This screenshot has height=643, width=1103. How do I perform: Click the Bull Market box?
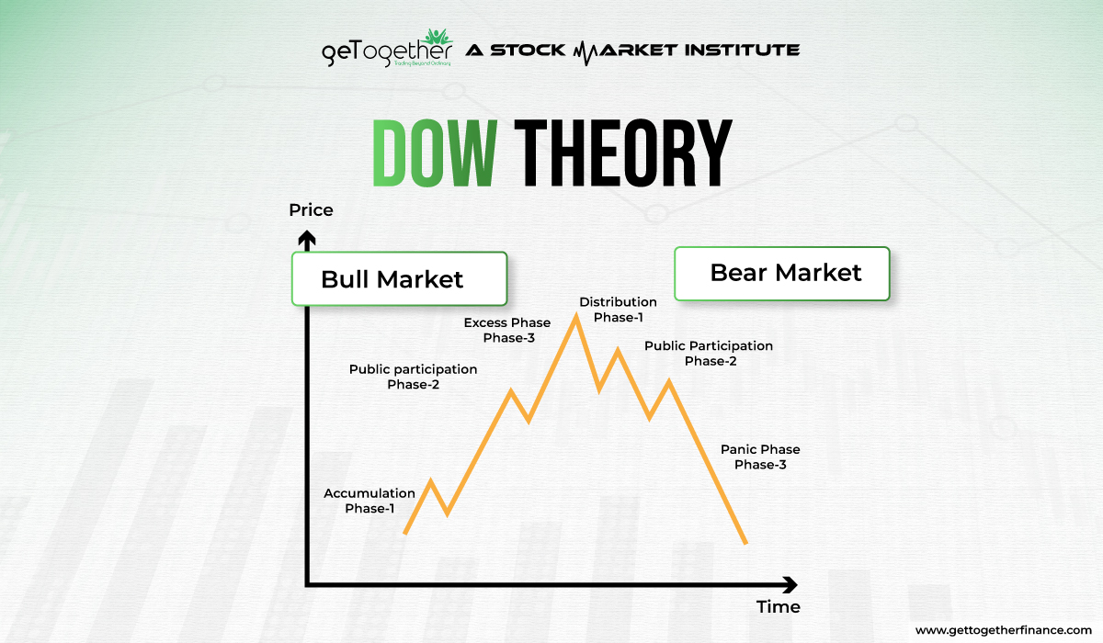[x=399, y=278]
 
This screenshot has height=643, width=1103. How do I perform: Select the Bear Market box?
[x=782, y=273]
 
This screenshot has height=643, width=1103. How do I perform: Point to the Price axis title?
[x=311, y=210]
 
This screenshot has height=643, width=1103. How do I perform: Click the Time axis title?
[x=778, y=606]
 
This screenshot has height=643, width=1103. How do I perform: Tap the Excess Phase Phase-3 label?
[x=506, y=330]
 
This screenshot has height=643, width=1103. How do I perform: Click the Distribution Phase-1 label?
[x=618, y=310]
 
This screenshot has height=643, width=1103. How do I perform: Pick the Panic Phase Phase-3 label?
[x=760, y=457]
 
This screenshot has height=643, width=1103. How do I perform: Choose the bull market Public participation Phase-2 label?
[x=413, y=377]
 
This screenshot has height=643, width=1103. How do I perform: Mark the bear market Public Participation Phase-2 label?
[x=709, y=353]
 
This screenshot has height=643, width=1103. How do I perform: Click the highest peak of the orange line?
[x=575, y=316]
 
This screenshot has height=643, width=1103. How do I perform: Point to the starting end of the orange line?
[x=405, y=532]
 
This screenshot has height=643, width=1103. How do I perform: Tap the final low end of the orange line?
[x=745, y=542]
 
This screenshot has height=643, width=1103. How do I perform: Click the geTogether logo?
[x=386, y=49]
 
